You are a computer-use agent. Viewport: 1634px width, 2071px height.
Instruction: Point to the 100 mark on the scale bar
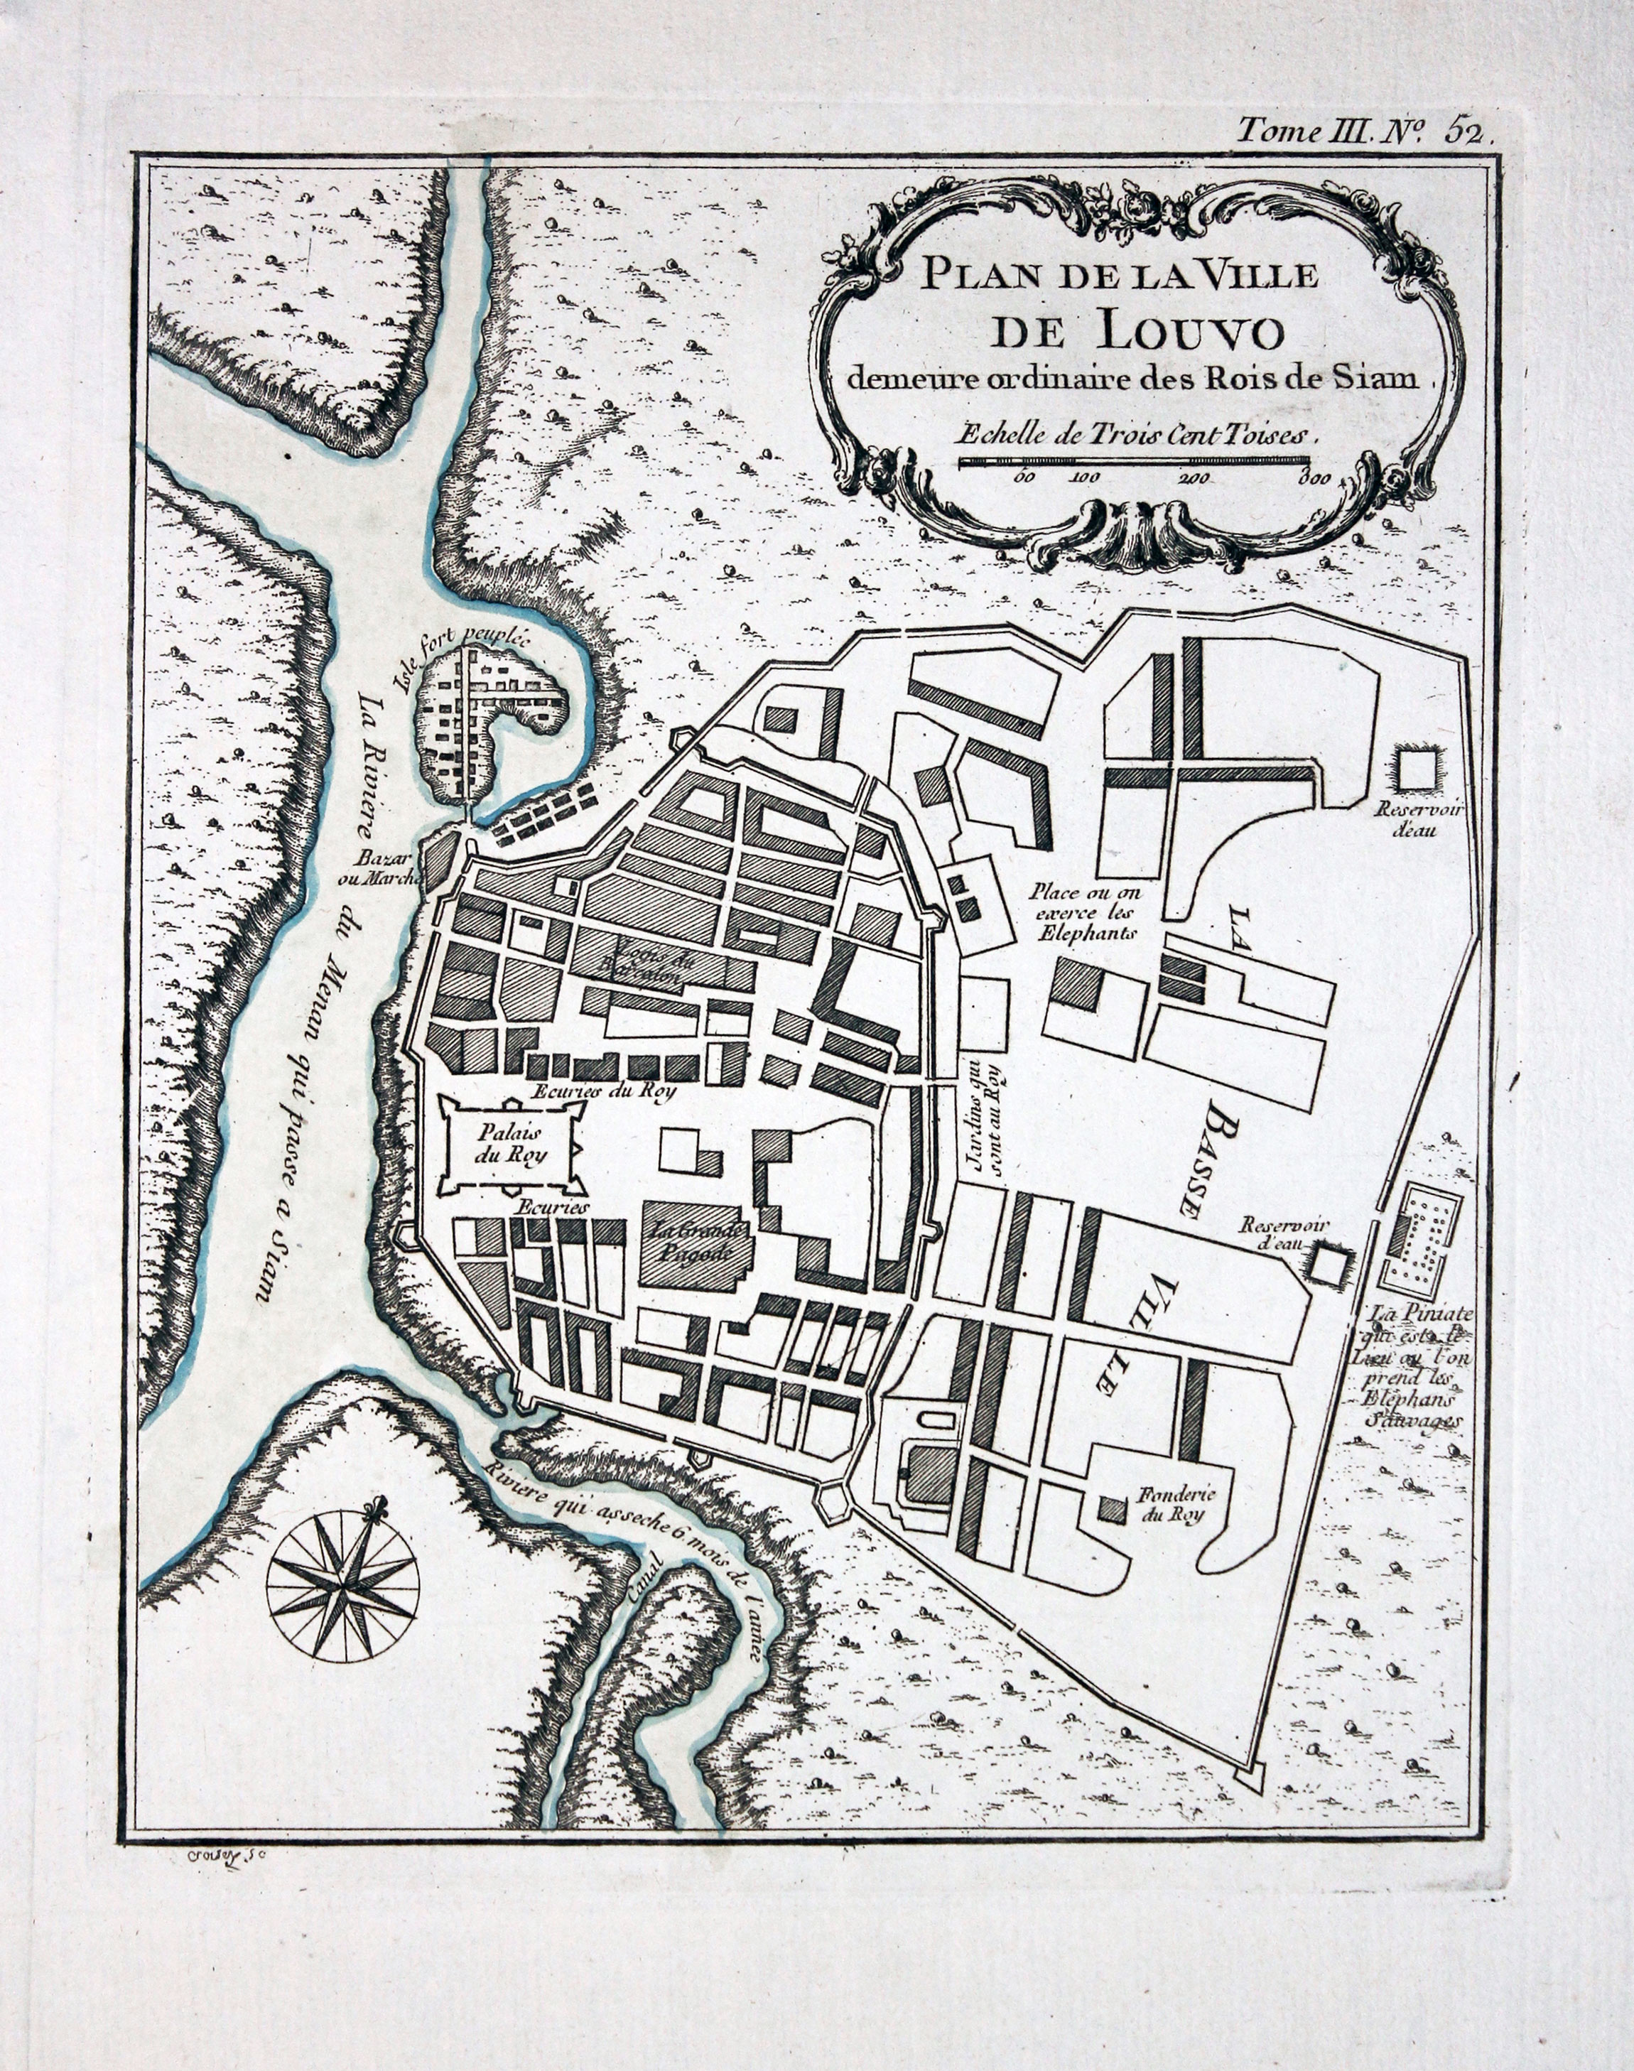pyautogui.click(x=1085, y=478)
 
